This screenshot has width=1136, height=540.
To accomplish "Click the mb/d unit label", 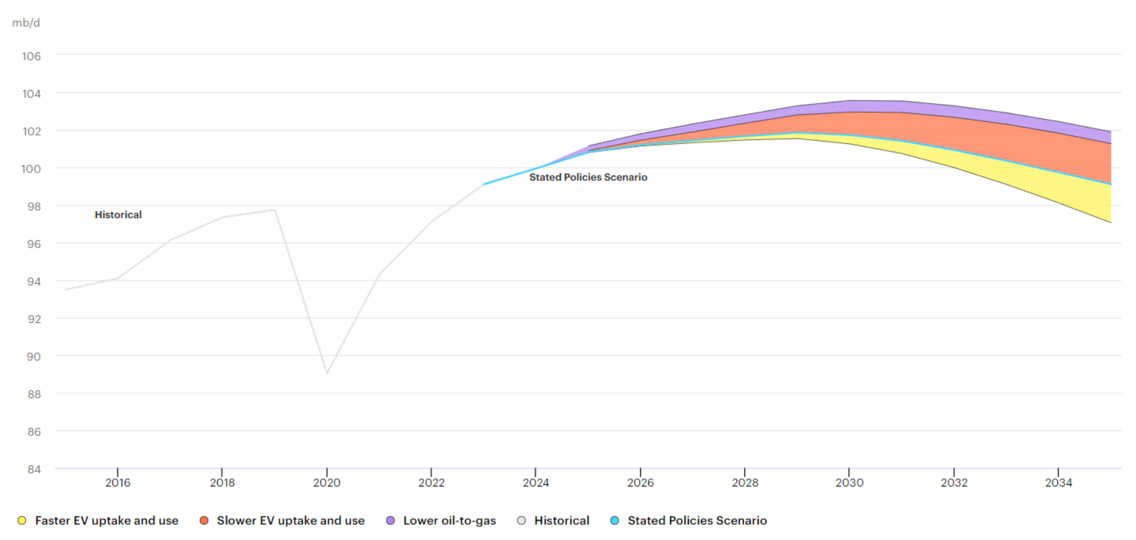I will click(x=26, y=23).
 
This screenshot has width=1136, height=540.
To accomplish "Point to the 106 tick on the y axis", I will click(x=32, y=56).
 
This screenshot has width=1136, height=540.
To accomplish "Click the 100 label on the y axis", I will click(x=31, y=169).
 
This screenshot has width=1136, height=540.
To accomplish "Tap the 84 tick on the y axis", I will click(x=34, y=469).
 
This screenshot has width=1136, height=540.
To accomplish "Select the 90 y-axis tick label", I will click(x=34, y=357).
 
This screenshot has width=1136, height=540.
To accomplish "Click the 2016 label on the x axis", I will click(x=118, y=483).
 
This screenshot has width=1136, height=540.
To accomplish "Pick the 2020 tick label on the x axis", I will click(x=327, y=483).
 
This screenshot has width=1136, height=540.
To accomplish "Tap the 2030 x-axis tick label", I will click(x=849, y=483).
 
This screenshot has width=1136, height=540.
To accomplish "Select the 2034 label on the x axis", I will click(x=1059, y=483).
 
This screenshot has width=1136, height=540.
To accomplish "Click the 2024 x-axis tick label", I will click(x=536, y=483).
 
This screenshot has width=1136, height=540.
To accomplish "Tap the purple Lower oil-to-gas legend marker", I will click(x=390, y=520).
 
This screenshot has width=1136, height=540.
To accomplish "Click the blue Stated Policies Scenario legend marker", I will click(x=615, y=520).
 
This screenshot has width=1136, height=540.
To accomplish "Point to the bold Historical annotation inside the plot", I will click(x=118, y=215).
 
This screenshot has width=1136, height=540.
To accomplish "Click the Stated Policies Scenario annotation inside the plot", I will click(x=588, y=177).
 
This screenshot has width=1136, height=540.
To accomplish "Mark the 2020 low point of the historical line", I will click(x=327, y=373).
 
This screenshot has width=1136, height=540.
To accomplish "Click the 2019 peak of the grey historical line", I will click(x=275, y=210).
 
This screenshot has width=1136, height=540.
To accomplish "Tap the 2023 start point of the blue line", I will click(x=484, y=184).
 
